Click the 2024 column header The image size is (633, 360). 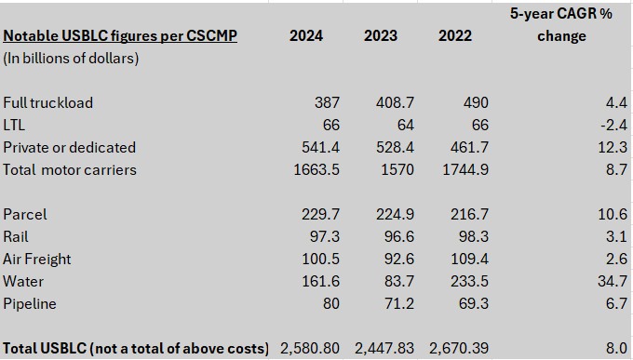point(306,35)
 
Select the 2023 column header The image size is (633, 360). point(381,35)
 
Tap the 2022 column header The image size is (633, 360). point(455,35)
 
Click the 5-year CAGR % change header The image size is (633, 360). point(561,24)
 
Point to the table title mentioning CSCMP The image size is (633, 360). point(120,36)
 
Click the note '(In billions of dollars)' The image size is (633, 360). point(71,58)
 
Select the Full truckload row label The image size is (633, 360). point(48,102)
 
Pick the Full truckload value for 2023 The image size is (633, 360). point(395,102)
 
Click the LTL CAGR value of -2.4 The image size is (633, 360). point(613,125)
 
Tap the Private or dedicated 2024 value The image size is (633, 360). point(320,147)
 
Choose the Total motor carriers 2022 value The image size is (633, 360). point(465,169)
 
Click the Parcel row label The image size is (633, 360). point(25,214)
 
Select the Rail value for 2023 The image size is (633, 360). point(398,236)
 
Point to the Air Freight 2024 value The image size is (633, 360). point(320,259)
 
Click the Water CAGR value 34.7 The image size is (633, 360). point(613,281)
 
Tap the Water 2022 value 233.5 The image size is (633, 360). point(469,281)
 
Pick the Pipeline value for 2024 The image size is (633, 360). point(331,303)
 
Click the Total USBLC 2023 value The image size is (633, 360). point(384,348)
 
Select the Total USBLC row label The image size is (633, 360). point(136,348)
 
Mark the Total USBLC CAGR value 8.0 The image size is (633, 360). point(617,348)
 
